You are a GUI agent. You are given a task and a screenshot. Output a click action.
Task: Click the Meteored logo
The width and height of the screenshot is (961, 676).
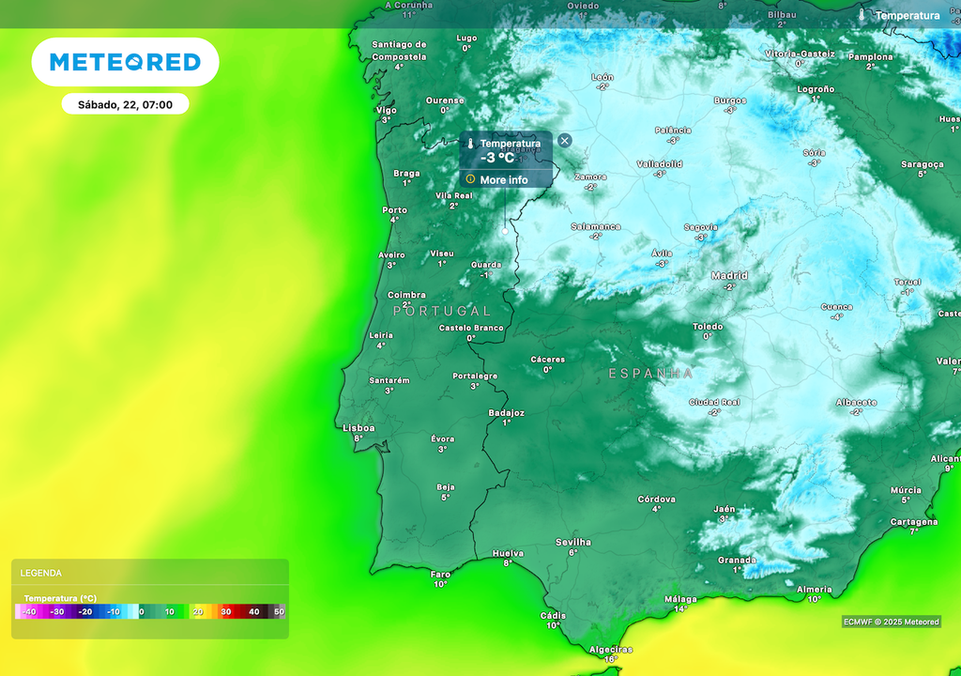click(125, 62)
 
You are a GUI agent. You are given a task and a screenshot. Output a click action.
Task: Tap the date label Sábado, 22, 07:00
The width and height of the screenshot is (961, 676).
click(125, 104)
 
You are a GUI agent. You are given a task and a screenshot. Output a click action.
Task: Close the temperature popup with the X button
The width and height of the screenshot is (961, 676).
click(564, 141)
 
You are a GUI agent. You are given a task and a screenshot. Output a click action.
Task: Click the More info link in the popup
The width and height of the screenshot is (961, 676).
click(504, 179)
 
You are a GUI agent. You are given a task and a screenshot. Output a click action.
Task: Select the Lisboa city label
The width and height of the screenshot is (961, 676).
click(358, 428)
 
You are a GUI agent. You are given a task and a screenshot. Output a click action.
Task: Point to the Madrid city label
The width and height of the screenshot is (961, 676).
click(729, 276)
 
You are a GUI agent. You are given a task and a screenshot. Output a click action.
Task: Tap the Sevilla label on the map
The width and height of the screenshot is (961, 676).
click(573, 542)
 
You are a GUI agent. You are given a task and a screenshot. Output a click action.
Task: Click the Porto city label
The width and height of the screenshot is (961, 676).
click(395, 210)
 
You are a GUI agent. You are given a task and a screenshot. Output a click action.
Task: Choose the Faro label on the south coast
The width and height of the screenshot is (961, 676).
click(440, 575)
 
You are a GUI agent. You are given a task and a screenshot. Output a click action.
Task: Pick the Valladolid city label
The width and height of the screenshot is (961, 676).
click(660, 164)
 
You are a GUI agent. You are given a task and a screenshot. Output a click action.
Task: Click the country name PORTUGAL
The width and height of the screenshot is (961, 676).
click(442, 311)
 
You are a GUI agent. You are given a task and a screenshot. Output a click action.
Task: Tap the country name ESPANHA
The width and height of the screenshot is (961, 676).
click(651, 374)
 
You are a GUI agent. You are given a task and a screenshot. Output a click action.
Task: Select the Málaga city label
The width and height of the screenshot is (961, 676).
click(680, 599)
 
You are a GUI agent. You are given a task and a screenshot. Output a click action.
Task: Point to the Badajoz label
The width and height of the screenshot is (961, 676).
click(507, 413)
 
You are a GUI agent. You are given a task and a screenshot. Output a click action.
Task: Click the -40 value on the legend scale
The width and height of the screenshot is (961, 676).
click(30, 611)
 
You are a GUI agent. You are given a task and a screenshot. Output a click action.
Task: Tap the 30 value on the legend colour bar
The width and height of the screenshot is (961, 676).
click(225, 611)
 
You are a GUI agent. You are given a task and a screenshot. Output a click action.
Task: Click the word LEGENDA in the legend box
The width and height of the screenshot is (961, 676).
click(41, 573)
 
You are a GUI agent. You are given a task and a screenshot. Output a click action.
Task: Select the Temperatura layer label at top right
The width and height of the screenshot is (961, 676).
click(907, 15)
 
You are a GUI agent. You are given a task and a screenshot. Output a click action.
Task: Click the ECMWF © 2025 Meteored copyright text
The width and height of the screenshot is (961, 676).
click(891, 622)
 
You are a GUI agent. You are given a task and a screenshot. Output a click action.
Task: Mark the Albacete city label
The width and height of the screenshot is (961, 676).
click(857, 403)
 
